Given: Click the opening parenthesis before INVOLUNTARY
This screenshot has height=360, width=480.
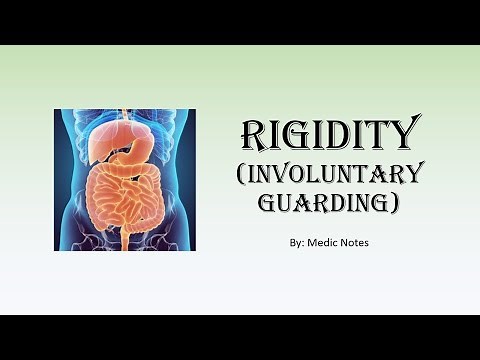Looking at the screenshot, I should (246, 174).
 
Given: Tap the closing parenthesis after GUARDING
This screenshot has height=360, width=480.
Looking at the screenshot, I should (394, 206).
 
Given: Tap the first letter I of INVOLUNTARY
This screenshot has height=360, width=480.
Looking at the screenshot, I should (257, 173).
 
